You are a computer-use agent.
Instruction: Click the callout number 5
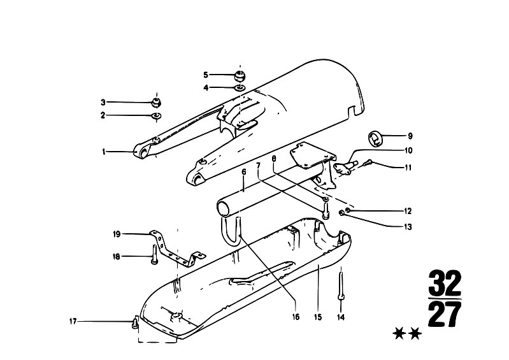point(206,75)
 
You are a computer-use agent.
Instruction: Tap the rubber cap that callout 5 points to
point(240,76)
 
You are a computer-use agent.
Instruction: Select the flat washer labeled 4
point(241,88)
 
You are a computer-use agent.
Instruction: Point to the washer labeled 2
point(157,115)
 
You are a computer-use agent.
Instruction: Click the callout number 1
point(104,152)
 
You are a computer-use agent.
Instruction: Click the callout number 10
point(408,150)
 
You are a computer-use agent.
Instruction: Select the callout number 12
point(408,212)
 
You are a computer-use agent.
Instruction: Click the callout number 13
point(408,227)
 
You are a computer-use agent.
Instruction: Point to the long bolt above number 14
point(341,286)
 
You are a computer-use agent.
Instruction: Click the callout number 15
point(318,317)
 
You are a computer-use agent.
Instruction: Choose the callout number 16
point(296,317)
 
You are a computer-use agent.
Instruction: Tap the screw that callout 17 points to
point(134,322)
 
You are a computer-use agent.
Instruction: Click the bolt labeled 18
point(155,255)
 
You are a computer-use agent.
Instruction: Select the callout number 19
point(117,234)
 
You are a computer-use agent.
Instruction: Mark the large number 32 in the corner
point(445,283)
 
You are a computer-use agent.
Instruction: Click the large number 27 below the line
point(445,314)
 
